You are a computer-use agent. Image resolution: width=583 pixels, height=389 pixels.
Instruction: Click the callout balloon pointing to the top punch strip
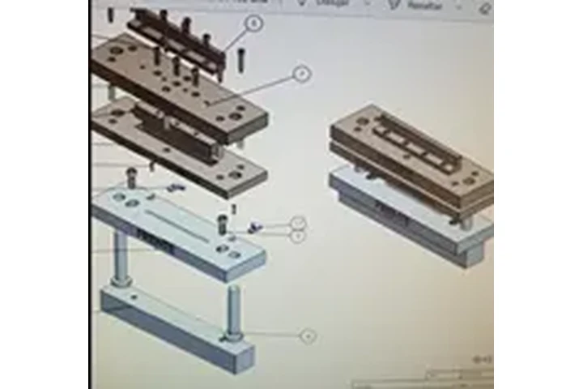pos(255,24)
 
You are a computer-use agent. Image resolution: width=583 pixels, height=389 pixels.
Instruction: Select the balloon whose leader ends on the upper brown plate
pos(302,75)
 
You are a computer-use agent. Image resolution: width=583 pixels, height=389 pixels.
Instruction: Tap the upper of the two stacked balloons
pos(298,222)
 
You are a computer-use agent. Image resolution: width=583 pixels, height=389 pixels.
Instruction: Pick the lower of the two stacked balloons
pos(298,236)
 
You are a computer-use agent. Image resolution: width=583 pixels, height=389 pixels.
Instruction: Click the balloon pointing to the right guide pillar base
pos(308,336)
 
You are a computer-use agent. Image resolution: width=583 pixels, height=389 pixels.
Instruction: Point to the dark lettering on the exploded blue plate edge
pos(155,241)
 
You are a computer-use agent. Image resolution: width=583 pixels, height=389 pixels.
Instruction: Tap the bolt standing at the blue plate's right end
pos(222,223)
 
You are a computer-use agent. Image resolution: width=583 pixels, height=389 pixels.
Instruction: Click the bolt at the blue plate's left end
pos(132,176)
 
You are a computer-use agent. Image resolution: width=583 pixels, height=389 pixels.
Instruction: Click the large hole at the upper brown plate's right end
pos(236,117)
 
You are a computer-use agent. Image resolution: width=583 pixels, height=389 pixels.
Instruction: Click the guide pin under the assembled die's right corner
pos(463,220)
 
